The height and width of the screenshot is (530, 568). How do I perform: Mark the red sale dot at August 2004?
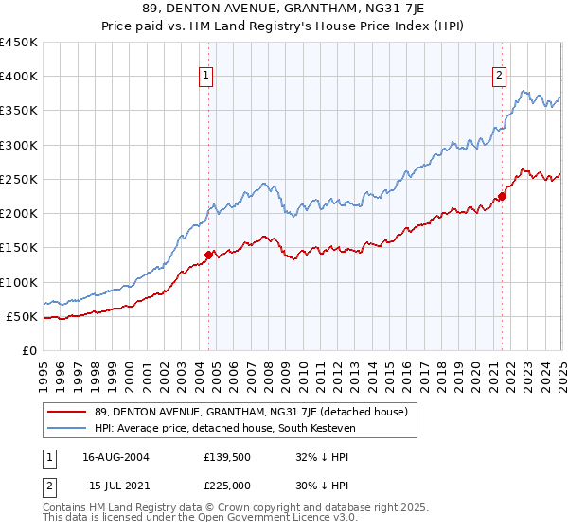tap(209, 255)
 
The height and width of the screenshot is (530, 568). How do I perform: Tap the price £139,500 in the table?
tap(226, 457)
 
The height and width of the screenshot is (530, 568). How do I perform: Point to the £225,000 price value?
tap(226, 486)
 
